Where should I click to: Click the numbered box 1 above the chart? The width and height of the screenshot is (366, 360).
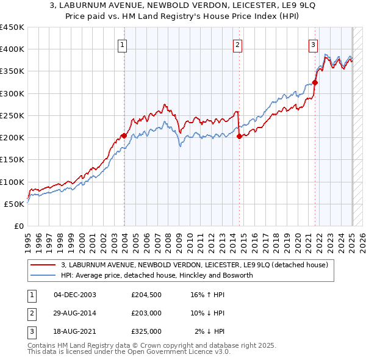(x=123, y=45)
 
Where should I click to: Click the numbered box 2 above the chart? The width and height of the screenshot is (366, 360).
(x=237, y=45)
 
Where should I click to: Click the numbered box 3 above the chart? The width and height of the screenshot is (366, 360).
(x=313, y=45)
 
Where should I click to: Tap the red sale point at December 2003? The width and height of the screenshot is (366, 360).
(x=124, y=135)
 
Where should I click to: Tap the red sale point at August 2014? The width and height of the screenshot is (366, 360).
(x=239, y=136)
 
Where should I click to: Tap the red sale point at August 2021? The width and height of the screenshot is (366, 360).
(x=315, y=82)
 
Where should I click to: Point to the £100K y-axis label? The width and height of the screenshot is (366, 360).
(x=12, y=182)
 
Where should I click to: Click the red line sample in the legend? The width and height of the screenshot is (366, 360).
(x=43, y=265)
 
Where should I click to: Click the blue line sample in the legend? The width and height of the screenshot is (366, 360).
(x=43, y=275)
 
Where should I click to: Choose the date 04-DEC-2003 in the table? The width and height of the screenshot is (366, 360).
(x=75, y=295)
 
